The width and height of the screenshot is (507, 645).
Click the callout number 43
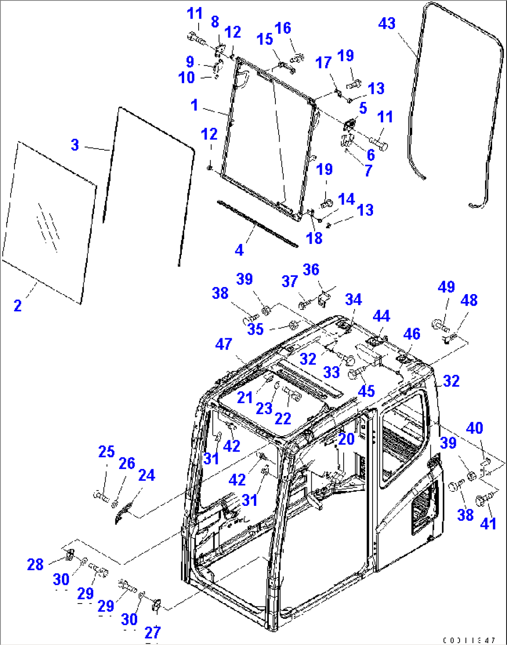387,24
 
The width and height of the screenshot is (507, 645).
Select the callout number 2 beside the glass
17,306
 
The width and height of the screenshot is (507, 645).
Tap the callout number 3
75,145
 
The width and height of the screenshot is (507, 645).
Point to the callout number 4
239,250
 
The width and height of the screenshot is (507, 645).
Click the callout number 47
224,344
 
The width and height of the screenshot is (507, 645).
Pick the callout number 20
346,439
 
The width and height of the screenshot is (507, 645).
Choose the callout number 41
488,524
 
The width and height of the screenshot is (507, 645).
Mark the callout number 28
35,564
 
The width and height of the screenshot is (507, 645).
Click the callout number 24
147,475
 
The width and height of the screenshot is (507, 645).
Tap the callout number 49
446,287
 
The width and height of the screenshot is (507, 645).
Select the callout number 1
194,105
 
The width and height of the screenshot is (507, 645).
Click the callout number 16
282,28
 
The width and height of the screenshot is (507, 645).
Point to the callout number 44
381,316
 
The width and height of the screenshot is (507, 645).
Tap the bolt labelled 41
483,502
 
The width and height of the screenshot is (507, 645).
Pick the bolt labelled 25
100,495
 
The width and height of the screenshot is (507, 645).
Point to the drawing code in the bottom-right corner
470,640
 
